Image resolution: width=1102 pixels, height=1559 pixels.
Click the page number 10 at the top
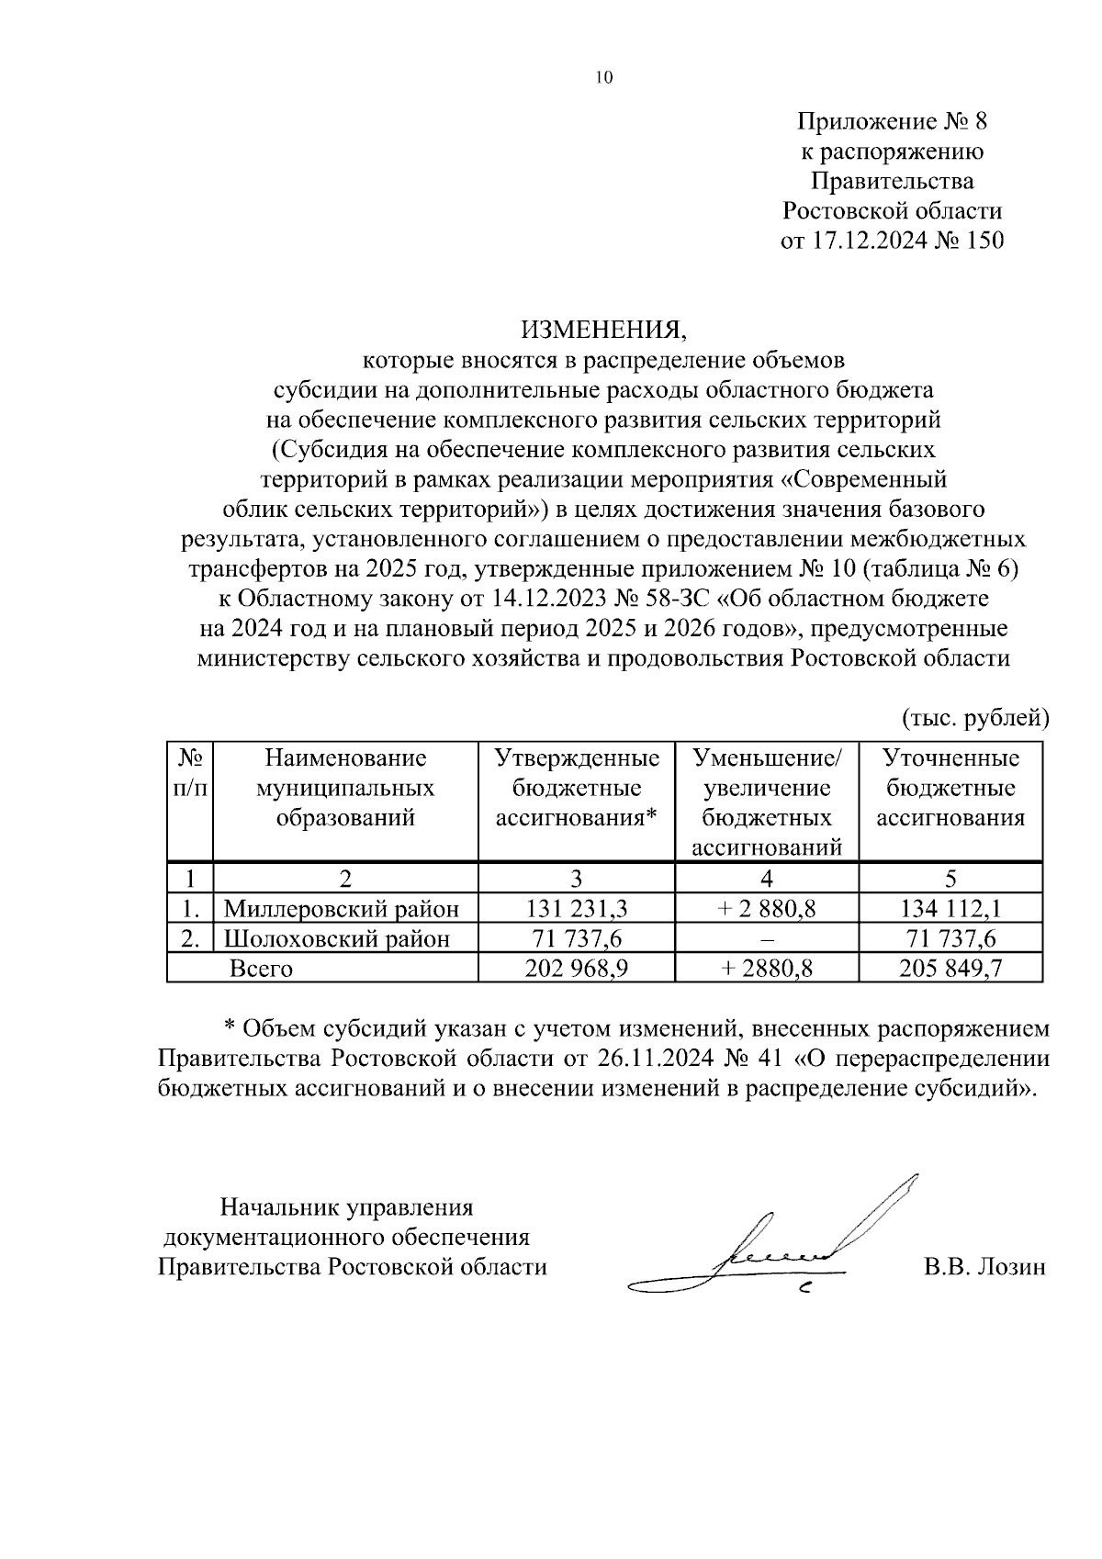(603, 78)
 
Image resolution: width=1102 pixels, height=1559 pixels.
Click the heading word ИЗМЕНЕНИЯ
(603, 329)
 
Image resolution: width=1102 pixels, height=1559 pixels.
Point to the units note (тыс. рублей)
(974, 717)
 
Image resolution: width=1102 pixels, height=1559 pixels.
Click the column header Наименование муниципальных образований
(345, 788)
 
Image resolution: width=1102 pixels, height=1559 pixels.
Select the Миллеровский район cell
(342, 909)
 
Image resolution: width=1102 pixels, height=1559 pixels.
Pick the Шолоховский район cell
(338, 938)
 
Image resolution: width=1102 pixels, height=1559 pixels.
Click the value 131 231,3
(576, 909)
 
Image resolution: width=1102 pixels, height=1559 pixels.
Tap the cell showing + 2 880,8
(766, 909)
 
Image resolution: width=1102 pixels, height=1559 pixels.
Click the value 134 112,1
(950, 909)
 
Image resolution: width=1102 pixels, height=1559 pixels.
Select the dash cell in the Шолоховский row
(766, 939)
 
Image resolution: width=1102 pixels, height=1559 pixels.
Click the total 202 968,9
(576, 968)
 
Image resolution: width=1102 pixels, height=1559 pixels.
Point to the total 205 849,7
(950, 968)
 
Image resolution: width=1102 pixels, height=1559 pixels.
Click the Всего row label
(261, 968)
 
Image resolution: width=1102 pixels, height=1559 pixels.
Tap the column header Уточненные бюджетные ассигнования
(950, 788)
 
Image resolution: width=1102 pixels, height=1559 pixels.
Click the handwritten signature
(781, 1249)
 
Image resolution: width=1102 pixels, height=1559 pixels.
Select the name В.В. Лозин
(984, 1267)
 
